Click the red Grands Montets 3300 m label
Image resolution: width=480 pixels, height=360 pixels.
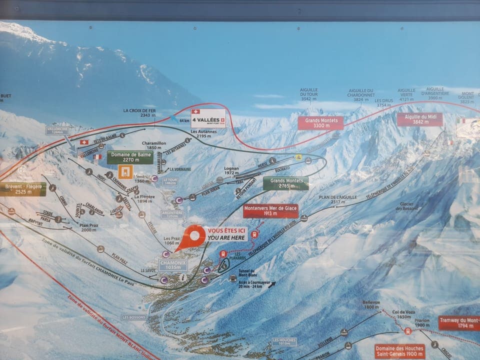tap(320, 122)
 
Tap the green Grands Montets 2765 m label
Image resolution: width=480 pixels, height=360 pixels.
tap(285, 183)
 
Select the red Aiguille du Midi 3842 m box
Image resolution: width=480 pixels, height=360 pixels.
tap(419, 119)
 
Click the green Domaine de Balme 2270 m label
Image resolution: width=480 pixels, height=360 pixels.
tap(129, 157)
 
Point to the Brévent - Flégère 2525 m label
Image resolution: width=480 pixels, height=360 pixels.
tap(22, 189)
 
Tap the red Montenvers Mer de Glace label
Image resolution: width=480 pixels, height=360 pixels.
tap(270, 211)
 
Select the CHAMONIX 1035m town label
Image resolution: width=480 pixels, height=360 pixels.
tap(172, 265)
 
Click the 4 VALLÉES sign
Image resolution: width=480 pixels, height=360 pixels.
tap(208, 118)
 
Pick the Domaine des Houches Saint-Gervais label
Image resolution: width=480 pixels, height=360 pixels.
tap(399, 351)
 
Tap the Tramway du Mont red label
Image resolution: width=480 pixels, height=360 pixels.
tap(459, 322)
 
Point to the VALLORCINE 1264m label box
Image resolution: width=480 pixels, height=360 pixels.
tap(57, 130)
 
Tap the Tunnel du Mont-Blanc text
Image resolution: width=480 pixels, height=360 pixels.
tap(247, 273)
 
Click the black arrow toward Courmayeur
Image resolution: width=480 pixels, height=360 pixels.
tap(271, 285)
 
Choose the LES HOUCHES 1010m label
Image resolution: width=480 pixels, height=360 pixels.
tap(284, 341)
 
